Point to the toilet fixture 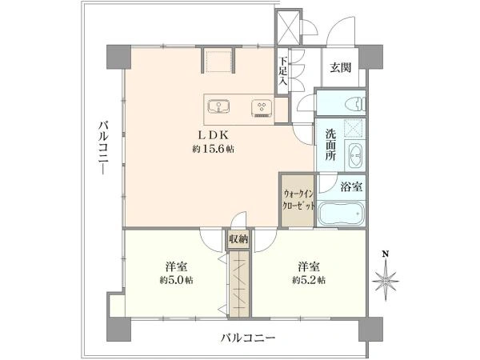(x=350, y=104)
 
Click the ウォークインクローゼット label (x=298, y=199)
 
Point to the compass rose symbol (x=386, y=281)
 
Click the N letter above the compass (x=386, y=254)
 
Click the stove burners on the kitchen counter (x=260, y=106)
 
